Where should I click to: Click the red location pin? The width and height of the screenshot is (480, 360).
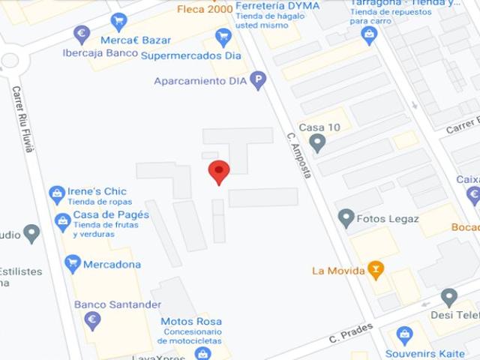(x=218, y=172)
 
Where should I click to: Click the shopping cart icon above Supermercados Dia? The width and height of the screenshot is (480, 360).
(x=223, y=37)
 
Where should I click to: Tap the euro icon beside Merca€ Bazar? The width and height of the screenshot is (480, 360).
(x=82, y=34)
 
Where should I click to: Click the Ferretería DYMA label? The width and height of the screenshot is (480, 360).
(x=277, y=7)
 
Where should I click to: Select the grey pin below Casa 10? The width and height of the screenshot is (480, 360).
(x=318, y=142)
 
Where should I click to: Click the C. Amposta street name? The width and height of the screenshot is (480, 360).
(x=298, y=156)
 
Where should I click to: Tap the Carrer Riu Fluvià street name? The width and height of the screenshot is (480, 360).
(x=22, y=120)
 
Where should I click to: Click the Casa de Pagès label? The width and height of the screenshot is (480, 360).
(x=111, y=214)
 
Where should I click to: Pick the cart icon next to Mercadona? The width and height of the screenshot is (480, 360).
(x=73, y=264)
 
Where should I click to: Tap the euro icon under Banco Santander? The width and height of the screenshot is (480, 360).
(x=93, y=321)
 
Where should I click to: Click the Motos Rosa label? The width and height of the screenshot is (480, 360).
(x=191, y=322)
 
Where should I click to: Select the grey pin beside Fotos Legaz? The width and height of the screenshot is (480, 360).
(x=346, y=218)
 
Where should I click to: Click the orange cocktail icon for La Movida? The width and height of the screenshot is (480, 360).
(x=376, y=269)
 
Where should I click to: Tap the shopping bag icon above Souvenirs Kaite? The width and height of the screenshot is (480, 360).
(x=405, y=335)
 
